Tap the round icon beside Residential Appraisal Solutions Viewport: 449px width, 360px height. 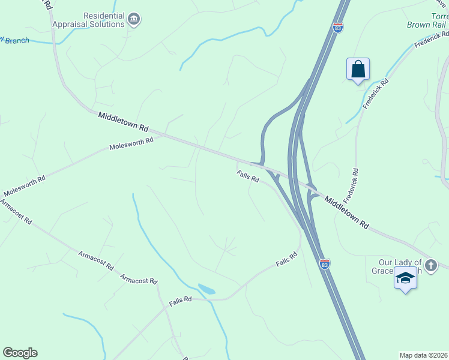pyautogui.click(x=134, y=20)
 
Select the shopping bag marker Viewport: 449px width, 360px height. pyautogui.click(x=358, y=69)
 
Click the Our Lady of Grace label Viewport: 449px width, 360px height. pyautogui.click(x=401, y=266)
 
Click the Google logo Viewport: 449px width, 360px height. pyautogui.click(x=20, y=353)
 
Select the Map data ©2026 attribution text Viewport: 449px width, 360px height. pyautogui.click(x=424, y=355)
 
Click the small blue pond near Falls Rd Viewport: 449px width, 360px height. pyautogui.click(x=206, y=289)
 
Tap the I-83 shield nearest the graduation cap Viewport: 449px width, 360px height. pyautogui.click(x=324, y=264)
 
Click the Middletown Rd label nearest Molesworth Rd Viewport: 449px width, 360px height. pyautogui.click(x=123, y=121)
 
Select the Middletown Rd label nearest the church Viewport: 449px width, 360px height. pyautogui.click(x=347, y=210)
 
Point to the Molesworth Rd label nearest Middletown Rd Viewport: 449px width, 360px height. pyautogui.click(x=131, y=144)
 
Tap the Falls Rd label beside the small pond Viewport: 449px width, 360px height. pyautogui.click(x=180, y=299)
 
